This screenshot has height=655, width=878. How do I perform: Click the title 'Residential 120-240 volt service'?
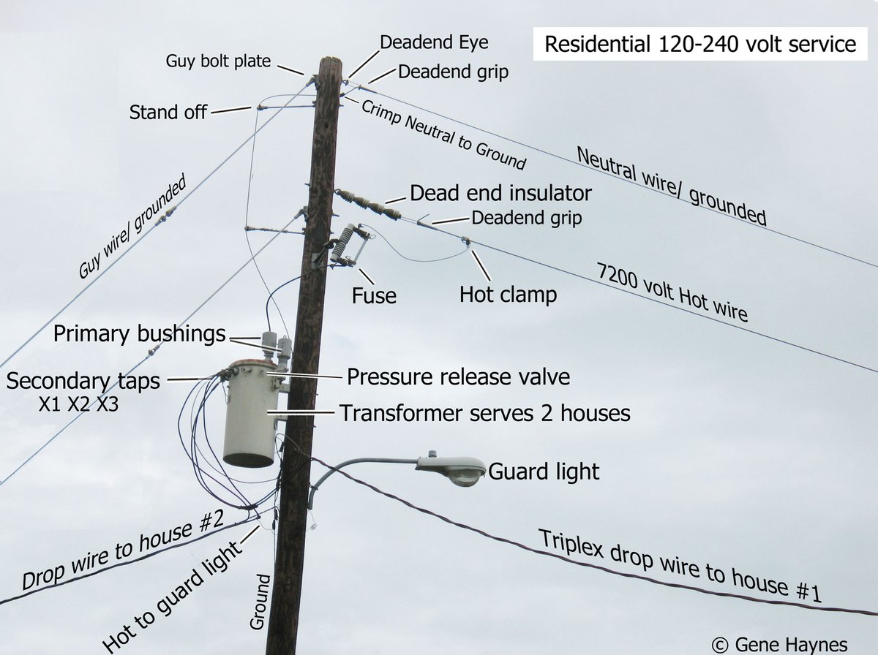click(700, 44)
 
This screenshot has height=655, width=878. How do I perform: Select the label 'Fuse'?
click(374, 295)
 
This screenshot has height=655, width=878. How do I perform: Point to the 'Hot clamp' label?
click(508, 295)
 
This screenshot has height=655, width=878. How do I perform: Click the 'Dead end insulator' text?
click(500, 194)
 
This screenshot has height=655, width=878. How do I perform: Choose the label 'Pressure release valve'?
click(458, 377)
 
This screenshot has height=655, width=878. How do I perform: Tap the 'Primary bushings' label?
click(140, 335)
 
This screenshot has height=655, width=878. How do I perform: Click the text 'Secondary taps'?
click(83, 381)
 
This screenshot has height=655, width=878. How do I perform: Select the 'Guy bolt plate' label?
click(219, 61)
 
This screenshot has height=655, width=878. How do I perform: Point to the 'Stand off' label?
click(168, 113)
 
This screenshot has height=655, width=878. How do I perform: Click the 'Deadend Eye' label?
click(434, 42)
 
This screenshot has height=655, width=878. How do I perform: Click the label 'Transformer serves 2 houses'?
click(484, 413)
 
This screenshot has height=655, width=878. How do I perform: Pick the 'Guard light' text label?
click(544, 472)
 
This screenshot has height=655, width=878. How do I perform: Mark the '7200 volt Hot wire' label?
click(672, 293)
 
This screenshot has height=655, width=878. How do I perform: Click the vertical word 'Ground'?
click(260, 602)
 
